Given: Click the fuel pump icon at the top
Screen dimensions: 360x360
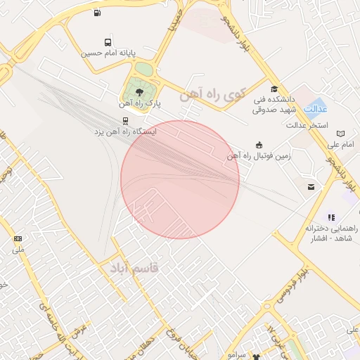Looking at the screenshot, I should click(97, 12).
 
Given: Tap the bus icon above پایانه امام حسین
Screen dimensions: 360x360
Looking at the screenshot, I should click(107, 42).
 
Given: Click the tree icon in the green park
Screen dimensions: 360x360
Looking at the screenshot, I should click(139, 91).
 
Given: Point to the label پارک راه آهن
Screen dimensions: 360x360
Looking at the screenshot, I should click(139, 103).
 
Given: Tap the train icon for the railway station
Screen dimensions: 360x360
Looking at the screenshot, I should click(125, 120).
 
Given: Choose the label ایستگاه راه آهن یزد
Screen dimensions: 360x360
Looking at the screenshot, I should click(126, 131).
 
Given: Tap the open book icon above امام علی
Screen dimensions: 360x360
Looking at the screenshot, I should click(341, 134).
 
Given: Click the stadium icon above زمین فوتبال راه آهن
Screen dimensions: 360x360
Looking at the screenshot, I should click(259, 145).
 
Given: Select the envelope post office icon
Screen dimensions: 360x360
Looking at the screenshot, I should click(311, 186).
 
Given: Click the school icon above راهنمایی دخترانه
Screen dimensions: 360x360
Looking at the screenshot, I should click(330, 217).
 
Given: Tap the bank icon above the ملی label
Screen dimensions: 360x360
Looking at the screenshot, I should click(18, 239).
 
